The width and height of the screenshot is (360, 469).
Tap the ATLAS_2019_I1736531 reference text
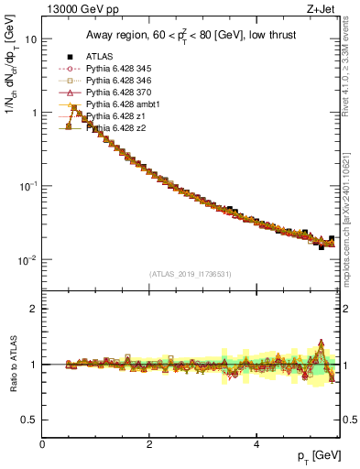(x=191, y=274)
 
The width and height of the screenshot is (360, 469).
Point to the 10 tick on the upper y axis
(x=30, y=39)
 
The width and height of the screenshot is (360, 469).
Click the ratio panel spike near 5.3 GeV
(x=321, y=344)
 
